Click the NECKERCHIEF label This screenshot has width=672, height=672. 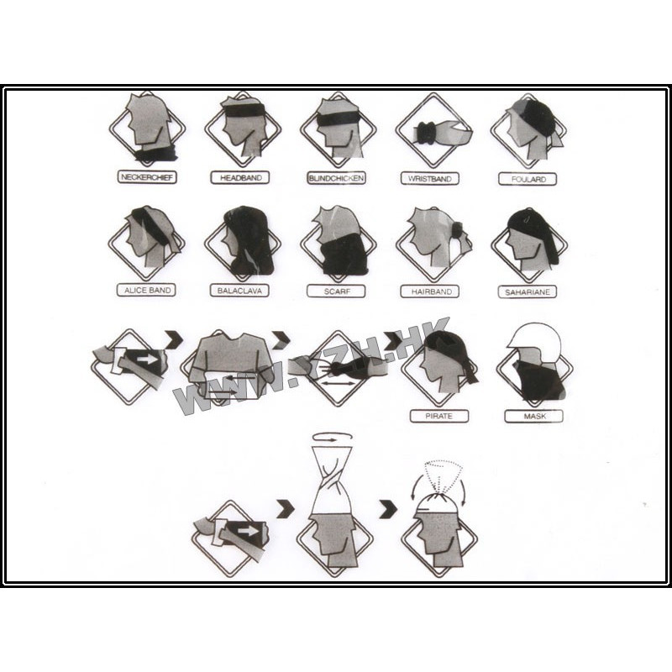(147, 177)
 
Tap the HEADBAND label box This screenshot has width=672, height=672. (240, 177)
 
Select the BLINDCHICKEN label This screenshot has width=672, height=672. (337, 178)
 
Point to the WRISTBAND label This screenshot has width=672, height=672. (430, 178)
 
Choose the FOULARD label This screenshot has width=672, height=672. (528, 179)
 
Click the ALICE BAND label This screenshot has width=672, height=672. (146, 290)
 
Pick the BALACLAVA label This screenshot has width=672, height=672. (239, 291)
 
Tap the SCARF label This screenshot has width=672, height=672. (337, 291)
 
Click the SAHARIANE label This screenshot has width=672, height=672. (528, 291)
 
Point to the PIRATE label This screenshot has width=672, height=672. (439, 416)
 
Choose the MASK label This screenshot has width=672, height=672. (534, 416)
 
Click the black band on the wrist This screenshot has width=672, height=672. (426, 134)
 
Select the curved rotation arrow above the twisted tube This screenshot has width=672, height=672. (333, 437)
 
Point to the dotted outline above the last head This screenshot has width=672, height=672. (444, 476)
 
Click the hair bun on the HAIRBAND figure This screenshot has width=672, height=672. (457, 229)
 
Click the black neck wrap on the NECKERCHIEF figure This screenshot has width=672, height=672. (156, 154)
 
